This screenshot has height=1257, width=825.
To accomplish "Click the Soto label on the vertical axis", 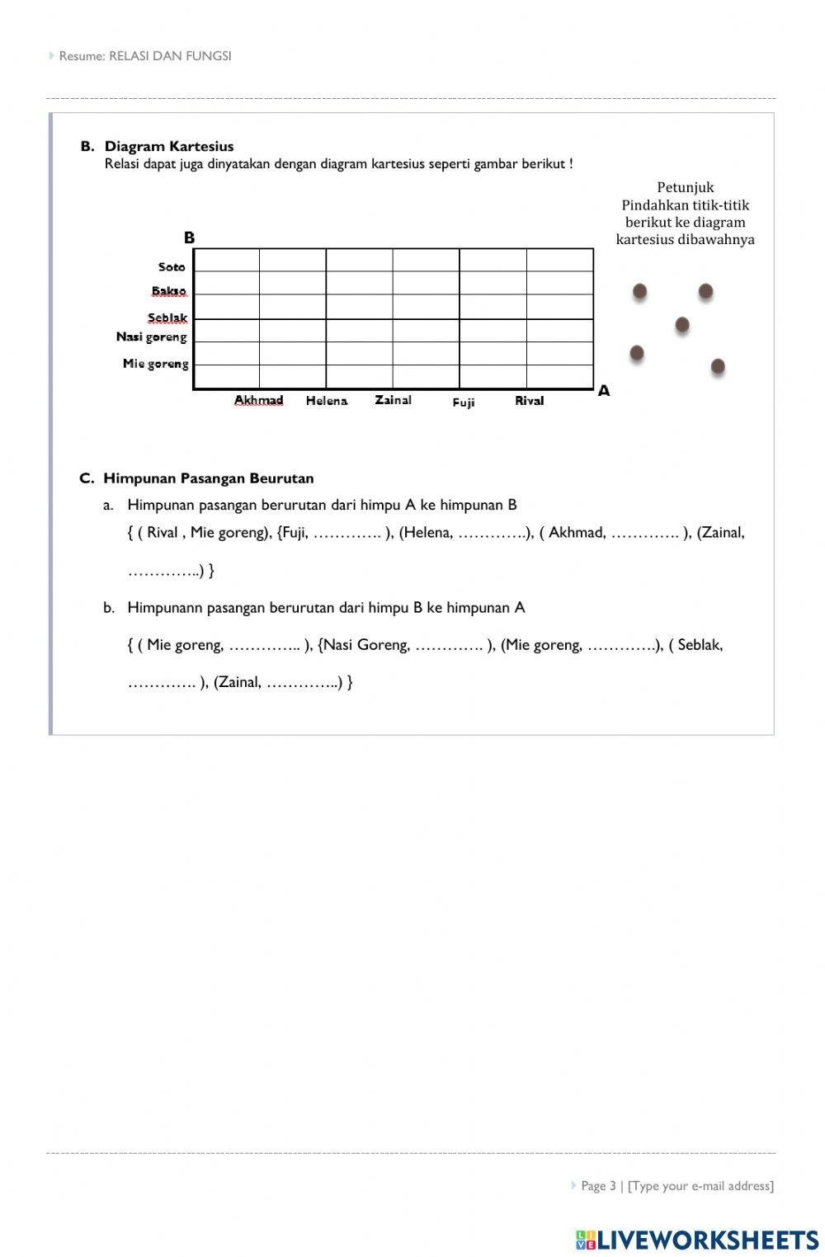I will click(172, 266).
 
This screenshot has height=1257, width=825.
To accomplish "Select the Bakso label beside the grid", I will click(169, 291).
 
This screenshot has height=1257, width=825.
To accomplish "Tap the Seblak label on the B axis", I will click(167, 318).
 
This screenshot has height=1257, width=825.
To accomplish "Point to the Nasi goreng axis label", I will click(152, 337).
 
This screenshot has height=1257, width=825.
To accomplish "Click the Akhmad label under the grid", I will click(258, 400).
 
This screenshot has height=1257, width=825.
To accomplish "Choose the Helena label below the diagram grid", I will click(327, 401).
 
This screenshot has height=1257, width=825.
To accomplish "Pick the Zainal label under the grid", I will click(393, 400).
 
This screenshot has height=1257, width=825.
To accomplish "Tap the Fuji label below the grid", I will click(463, 403).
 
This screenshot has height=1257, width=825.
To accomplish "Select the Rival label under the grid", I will click(529, 401).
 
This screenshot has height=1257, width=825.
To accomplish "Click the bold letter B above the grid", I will click(189, 238).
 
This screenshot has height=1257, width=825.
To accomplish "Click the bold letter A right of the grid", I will click(604, 391).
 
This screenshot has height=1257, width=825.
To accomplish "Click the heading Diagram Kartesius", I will click(168, 146).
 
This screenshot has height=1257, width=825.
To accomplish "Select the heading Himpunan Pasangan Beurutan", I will click(208, 478).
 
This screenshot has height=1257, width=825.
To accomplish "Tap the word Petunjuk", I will click(685, 187).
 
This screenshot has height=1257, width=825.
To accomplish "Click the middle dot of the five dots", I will click(682, 325).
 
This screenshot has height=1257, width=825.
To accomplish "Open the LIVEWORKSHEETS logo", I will click(697, 1239).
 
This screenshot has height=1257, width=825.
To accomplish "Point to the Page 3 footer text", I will click(598, 1185).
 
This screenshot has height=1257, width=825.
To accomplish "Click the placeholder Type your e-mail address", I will click(700, 1185).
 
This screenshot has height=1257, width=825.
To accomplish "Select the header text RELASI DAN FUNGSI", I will click(170, 56).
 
